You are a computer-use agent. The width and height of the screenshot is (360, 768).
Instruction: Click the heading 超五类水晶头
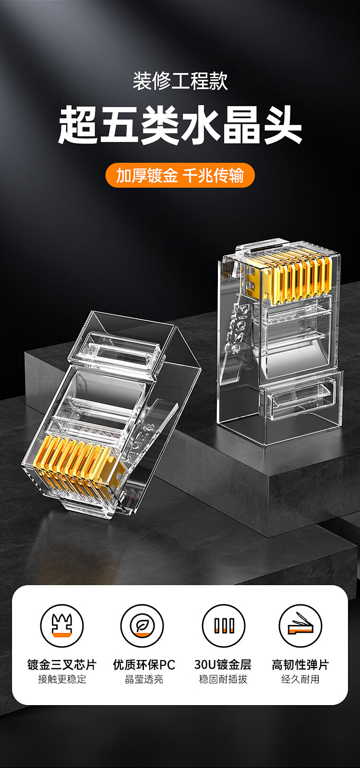[x=180, y=124]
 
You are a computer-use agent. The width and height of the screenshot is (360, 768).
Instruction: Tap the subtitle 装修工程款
[x=180, y=81]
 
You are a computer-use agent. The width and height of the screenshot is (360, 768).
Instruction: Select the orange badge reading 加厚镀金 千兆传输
[x=180, y=175]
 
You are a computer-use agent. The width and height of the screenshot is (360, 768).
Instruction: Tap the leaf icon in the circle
[x=142, y=625]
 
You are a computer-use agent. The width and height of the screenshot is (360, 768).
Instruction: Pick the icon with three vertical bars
[x=224, y=625]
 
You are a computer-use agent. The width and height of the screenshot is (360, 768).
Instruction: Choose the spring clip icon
[x=300, y=625]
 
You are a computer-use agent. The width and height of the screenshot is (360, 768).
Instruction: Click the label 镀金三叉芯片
[x=62, y=664]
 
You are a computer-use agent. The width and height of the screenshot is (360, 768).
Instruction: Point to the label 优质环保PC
[x=144, y=664]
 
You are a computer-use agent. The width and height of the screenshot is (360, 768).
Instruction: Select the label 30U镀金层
[x=223, y=664]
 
